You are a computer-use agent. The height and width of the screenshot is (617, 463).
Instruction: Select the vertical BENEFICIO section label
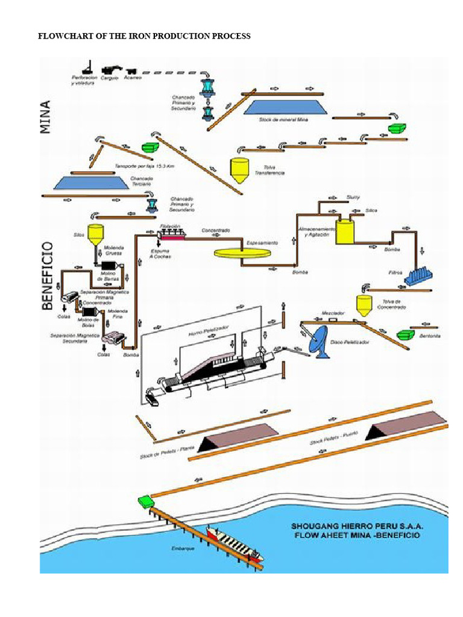click(x=49, y=276)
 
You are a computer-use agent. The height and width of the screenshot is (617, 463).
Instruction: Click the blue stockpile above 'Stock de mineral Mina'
click(x=286, y=107)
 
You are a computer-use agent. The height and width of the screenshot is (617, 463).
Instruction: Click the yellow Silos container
click(x=95, y=235)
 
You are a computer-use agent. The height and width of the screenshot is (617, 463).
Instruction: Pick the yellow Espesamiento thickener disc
click(x=242, y=252)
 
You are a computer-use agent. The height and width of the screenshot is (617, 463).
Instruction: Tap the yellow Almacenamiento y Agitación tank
click(x=345, y=231)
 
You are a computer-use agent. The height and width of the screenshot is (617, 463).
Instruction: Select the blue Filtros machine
click(x=420, y=276)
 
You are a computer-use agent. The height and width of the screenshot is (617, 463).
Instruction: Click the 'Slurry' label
click(x=353, y=197)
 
